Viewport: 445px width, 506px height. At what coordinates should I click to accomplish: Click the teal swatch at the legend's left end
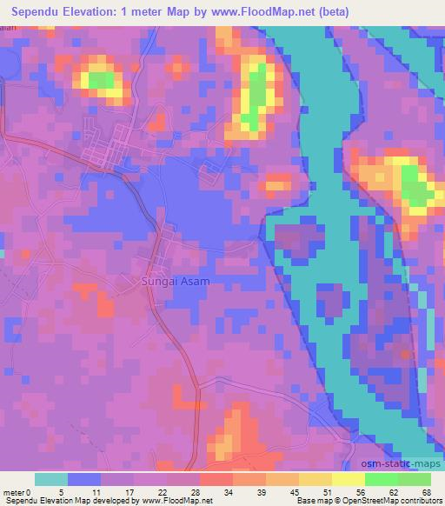[51, 479]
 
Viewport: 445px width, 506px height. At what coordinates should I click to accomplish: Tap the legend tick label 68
[426, 493]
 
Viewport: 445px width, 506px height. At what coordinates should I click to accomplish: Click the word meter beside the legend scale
[14, 493]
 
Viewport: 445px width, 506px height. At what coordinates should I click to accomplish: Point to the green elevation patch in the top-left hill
[100, 81]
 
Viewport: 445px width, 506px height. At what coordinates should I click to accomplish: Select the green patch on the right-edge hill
[414, 187]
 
